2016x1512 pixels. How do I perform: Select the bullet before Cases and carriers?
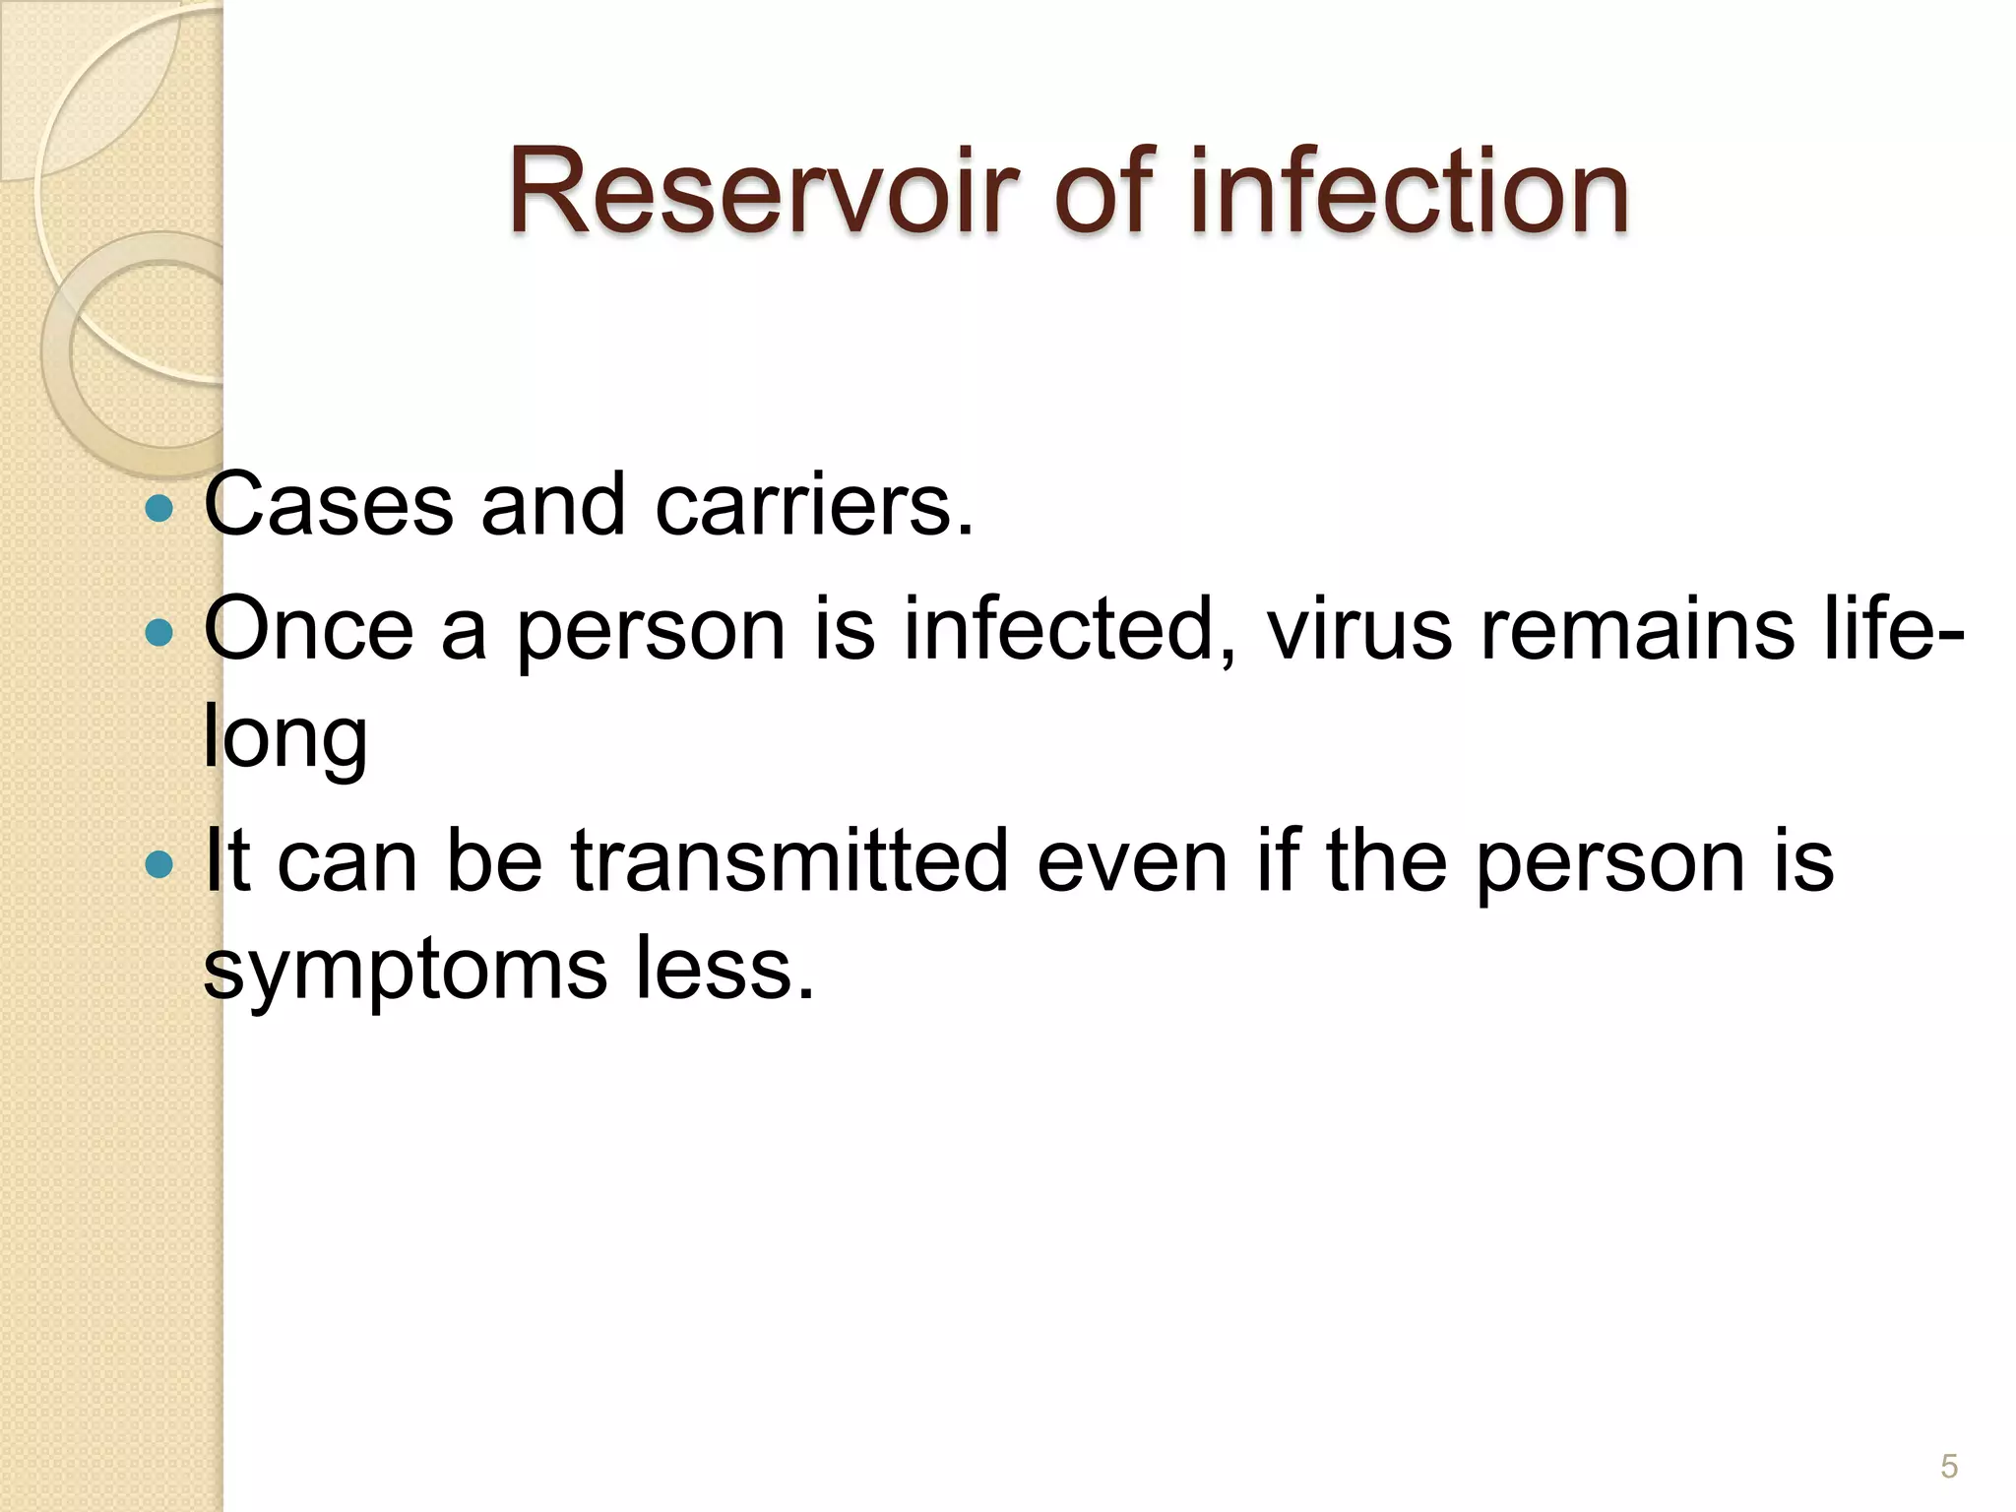pos(157,509)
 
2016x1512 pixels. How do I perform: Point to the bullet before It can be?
pos(157,865)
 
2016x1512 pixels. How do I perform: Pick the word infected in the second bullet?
pos(1068,629)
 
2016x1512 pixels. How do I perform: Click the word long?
pos(285,738)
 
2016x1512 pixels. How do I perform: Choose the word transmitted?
pos(789,861)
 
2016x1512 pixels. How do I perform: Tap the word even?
pos(1132,861)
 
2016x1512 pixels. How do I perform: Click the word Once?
pos(309,629)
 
